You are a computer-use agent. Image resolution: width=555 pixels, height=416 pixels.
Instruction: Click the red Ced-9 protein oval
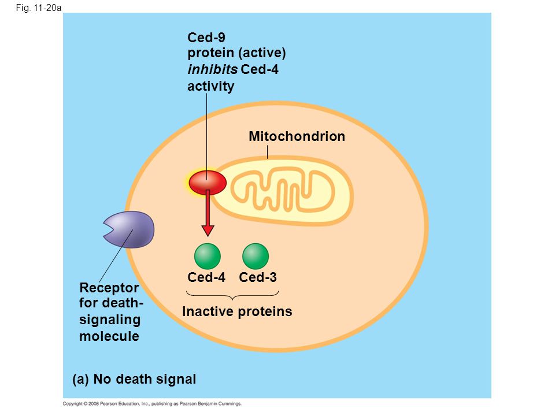coord(208,183)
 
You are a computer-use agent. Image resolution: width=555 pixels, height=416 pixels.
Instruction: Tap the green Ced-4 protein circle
coord(208,256)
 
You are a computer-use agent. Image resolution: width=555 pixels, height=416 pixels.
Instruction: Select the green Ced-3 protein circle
coord(256,256)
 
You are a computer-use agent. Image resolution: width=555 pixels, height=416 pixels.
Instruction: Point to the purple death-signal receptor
coord(129,229)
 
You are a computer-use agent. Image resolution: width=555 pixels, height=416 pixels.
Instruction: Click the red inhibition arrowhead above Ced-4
coord(208,230)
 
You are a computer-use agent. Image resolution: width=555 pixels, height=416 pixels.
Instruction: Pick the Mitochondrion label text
coord(297,136)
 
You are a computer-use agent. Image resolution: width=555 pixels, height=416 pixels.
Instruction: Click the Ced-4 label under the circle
coord(206,277)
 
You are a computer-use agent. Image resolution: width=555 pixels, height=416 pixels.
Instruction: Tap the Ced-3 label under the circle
coord(258,277)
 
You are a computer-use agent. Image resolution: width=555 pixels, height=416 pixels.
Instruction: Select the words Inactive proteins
coord(237,311)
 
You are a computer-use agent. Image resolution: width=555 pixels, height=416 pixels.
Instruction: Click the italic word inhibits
coord(212,69)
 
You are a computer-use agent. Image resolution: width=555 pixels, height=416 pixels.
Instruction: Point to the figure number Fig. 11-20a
coord(39,8)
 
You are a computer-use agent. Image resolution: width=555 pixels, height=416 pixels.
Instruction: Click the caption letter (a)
coord(80,379)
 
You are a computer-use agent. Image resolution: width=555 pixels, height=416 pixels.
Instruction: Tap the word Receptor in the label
coord(109,288)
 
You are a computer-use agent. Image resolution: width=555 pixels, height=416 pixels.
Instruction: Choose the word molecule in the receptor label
coord(109,336)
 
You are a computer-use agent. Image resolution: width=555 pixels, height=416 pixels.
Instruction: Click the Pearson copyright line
coord(152,404)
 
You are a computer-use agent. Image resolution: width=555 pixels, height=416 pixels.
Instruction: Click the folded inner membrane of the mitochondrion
coord(283,191)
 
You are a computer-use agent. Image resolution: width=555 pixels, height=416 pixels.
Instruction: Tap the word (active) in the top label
coord(262,53)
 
